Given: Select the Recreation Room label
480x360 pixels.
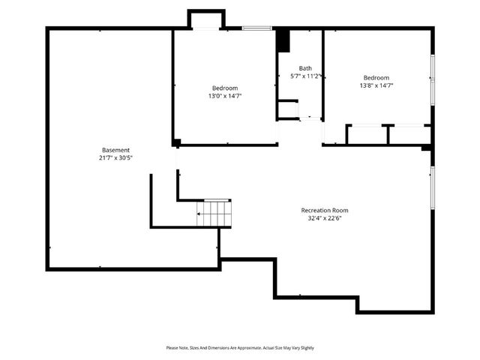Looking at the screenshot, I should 325,210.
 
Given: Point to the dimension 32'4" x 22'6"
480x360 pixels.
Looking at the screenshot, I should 325,218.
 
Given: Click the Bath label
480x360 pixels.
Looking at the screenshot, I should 305,68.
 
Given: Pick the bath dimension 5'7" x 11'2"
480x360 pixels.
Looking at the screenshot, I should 306,76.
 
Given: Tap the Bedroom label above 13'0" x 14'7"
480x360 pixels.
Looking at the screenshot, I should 225,87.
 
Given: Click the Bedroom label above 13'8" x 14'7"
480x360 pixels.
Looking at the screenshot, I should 376,78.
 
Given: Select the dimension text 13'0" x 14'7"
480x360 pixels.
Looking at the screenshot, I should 225,95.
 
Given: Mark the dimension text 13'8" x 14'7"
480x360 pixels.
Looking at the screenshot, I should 376,86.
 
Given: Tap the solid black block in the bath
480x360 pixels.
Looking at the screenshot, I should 283,40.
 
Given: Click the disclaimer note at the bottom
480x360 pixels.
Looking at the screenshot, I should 240,347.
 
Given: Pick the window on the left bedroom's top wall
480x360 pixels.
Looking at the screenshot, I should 256,28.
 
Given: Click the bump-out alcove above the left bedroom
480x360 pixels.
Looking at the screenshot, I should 205,19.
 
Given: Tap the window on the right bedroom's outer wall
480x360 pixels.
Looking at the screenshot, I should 432,78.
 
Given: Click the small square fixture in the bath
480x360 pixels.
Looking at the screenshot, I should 288,109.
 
